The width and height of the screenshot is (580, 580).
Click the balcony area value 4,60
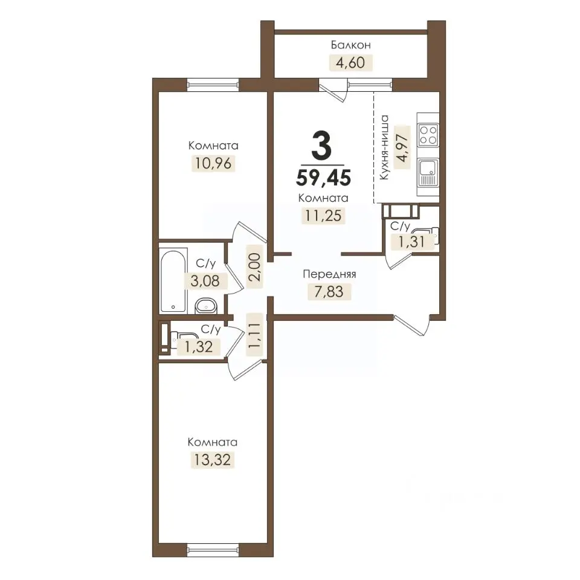[350, 62]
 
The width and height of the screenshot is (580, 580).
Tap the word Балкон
[350, 45]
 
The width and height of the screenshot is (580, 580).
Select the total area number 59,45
[323, 178]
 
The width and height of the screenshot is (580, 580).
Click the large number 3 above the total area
[321, 146]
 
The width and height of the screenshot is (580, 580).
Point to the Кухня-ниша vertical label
[385, 147]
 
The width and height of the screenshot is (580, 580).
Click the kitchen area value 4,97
[402, 147]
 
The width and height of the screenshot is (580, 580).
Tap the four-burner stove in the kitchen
[428, 135]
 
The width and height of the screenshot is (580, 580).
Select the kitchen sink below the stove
[428, 173]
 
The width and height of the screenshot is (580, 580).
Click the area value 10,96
[213, 163]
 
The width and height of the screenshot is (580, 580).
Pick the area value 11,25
[323, 215]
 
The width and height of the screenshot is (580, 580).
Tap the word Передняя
[329, 274]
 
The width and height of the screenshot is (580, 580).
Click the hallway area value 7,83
[329, 291]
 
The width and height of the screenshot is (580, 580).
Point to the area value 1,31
[411, 242]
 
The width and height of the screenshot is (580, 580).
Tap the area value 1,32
[199, 347]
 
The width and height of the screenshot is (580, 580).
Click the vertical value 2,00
[255, 267]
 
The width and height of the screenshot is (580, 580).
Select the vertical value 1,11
[254, 335]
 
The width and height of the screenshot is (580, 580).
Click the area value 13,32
[212, 460]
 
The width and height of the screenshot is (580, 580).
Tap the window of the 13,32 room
[213, 550]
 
